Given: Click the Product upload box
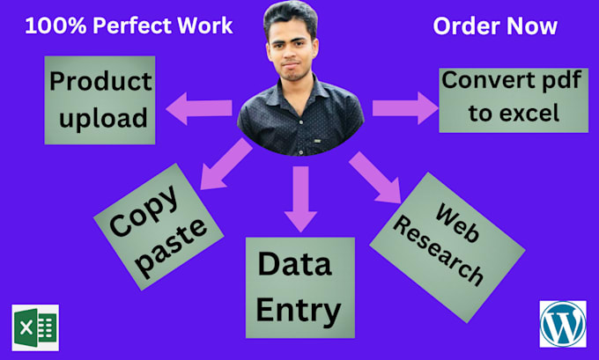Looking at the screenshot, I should tap(99, 99).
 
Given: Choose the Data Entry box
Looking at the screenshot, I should tap(299, 287).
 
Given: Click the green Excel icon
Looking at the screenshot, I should tap(35, 328).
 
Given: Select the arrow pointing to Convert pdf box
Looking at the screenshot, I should tap(404, 109).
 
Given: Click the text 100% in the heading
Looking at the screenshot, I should tap(53, 26).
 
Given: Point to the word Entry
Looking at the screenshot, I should tap(299, 309).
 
